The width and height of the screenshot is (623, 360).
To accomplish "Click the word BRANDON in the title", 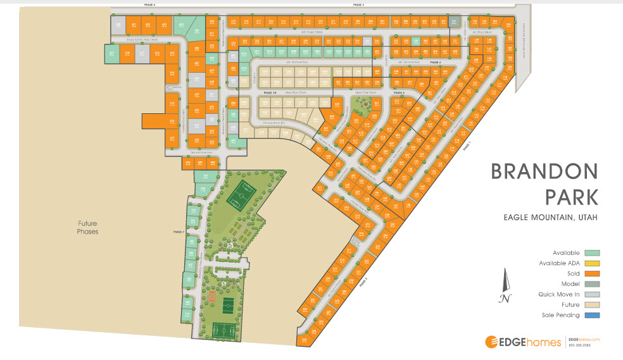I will (x=544, y=171).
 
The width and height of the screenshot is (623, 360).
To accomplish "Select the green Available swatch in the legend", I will (x=592, y=252).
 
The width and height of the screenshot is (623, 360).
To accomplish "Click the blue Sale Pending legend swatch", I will (x=592, y=314).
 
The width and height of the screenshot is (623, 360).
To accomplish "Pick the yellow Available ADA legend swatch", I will (x=592, y=263).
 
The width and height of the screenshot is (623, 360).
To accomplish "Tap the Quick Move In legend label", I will (x=558, y=294).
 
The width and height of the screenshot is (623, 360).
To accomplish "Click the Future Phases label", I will (x=87, y=227).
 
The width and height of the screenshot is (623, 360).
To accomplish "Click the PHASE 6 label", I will (x=149, y=4).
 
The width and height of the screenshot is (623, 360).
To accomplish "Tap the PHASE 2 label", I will (x=358, y=4).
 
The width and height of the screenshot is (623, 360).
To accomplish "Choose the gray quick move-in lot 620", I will (x=118, y=25).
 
